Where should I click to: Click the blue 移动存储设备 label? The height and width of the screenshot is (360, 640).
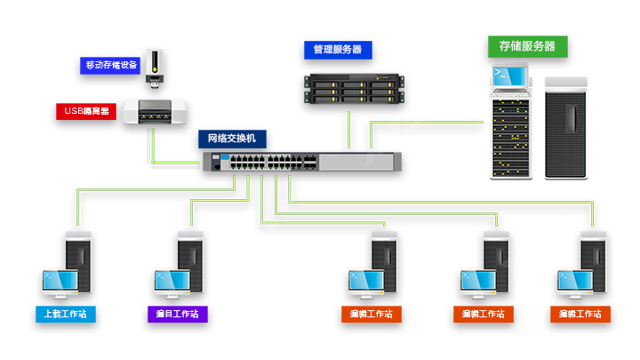(112, 65)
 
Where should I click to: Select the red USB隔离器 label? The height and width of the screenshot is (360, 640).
(86, 112)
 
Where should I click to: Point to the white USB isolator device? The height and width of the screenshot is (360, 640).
(156, 112)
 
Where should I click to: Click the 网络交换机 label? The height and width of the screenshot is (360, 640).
(232, 139)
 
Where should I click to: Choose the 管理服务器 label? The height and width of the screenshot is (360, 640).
(337, 50)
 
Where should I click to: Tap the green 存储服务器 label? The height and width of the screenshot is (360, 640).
(527, 46)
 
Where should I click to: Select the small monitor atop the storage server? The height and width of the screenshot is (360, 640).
(509, 80)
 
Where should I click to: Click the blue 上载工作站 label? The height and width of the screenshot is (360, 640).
(67, 314)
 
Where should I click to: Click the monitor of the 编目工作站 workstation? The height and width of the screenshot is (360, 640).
(172, 282)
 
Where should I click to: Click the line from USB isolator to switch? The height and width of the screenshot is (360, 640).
(154, 147)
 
